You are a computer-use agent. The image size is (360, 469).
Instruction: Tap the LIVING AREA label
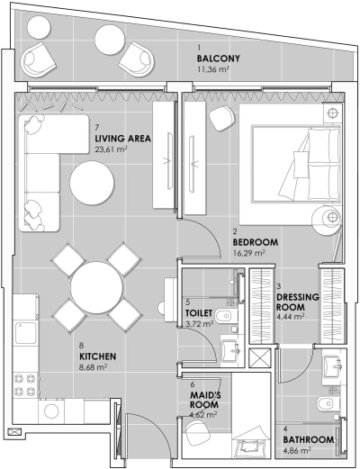pos(121,139)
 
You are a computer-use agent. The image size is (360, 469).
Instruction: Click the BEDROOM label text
pos(256,243)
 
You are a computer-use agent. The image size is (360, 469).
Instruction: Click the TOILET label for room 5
pos(199,312)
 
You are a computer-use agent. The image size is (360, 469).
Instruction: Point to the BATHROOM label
pos(310,439)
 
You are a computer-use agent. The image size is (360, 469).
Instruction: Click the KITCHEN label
pos(98,356)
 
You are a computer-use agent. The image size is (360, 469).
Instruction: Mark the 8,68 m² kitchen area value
pos(94,367)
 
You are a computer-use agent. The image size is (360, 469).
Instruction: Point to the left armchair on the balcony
pos(40,60)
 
